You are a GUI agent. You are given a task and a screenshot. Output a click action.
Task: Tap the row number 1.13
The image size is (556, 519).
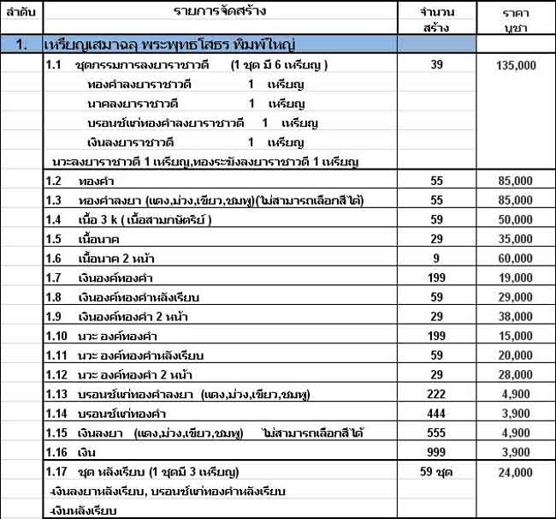(57, 395)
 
